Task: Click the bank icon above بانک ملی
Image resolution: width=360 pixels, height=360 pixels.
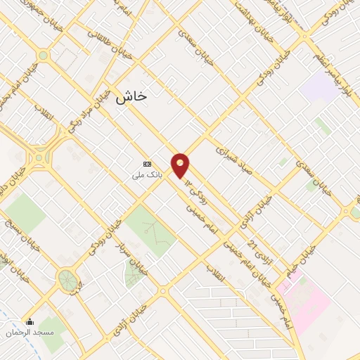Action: tap(146, 164)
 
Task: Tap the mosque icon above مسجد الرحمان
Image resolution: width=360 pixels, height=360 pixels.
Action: tap(29, 323)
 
